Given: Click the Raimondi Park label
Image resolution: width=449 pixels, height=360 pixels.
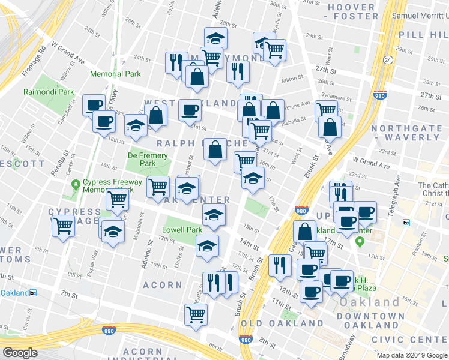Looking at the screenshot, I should click(x=49, y=92).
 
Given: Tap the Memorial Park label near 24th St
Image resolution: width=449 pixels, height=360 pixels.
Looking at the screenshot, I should click(x=115, y=74).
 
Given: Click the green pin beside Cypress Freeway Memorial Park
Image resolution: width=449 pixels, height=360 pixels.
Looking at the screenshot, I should click(x=75, y=184).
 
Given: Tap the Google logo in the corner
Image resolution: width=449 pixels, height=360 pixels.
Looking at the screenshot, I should click(x=20, y=353).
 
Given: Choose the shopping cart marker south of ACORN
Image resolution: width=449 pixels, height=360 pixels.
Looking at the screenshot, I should click(x=196, y=314).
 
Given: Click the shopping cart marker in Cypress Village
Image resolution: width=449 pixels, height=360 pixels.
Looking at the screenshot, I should click(x=62, y=226).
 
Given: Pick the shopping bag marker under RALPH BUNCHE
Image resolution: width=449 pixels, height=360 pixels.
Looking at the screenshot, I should click(x=215, y=149).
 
